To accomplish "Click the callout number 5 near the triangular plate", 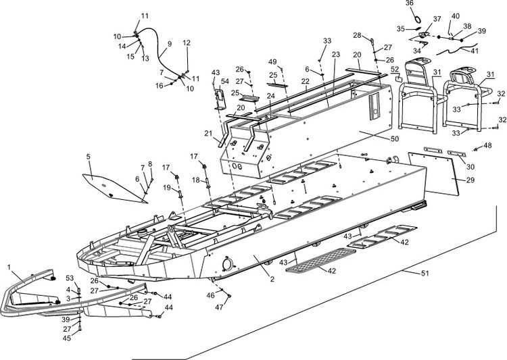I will (x=88, y=157).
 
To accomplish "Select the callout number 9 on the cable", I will (x=169, y=44).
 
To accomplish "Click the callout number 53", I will (x=70, y=278).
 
